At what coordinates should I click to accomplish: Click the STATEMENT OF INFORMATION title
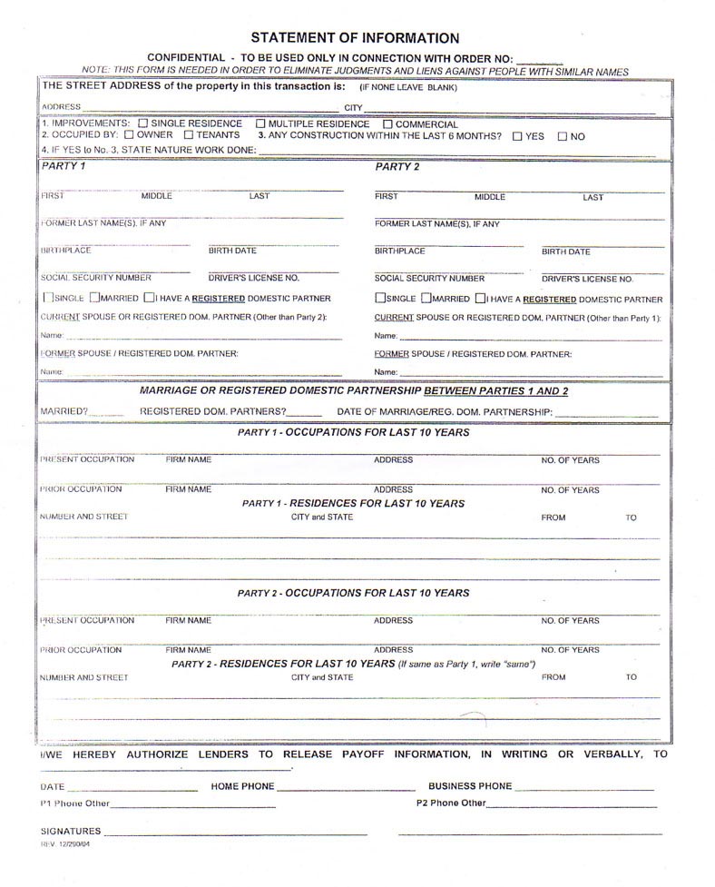click(355, 38)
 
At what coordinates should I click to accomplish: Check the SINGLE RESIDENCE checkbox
click(142, 123)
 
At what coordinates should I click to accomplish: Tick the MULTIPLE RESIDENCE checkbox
click(260, 123)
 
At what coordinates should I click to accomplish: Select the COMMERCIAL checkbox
click(387, 124)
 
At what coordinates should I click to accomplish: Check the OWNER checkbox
click(129, 135)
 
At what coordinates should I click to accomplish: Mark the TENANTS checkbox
click(189, 135)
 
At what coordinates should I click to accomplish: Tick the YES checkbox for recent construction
click(517, 136)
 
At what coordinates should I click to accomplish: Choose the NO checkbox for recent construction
click(563, 136)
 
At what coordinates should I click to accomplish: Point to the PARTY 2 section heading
click(397, 167)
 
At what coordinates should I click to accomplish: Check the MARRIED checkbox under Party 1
click(94, 298)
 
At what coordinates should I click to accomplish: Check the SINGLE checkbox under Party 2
click(380, 299)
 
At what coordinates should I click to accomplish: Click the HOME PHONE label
click(242, 786)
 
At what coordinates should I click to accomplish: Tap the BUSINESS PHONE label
click(470, 786)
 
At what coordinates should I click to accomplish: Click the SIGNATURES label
click(71, 831)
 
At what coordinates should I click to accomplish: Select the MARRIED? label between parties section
click(64, 412)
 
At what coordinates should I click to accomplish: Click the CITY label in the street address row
click(353, 107)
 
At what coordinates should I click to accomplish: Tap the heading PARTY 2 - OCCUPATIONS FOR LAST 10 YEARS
click(353, 593)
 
